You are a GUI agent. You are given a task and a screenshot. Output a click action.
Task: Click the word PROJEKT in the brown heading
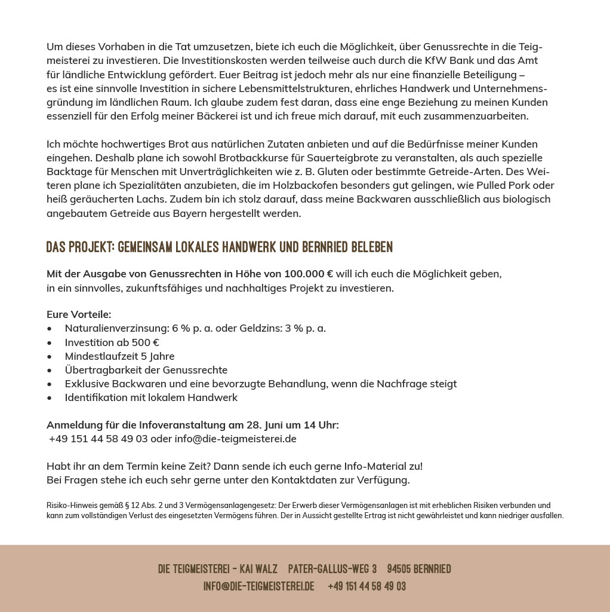click(91, 247)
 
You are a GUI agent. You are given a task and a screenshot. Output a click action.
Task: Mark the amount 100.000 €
click(309, 274)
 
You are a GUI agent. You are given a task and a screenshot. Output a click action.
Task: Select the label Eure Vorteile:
click(79, 314)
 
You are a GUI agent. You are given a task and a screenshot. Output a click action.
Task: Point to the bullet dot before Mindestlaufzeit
click(50, 357)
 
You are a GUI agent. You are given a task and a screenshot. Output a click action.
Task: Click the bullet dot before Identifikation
click(50, 398)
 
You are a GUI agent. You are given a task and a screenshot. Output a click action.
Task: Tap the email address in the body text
click(235, 439)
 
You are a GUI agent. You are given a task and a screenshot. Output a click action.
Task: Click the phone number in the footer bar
click(366, 586)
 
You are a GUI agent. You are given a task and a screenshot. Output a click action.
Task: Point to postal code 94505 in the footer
click(399, 569)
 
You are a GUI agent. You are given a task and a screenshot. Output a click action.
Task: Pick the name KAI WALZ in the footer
click(258, 569)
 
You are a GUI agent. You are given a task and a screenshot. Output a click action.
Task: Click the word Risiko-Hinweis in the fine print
click(67, 506)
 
